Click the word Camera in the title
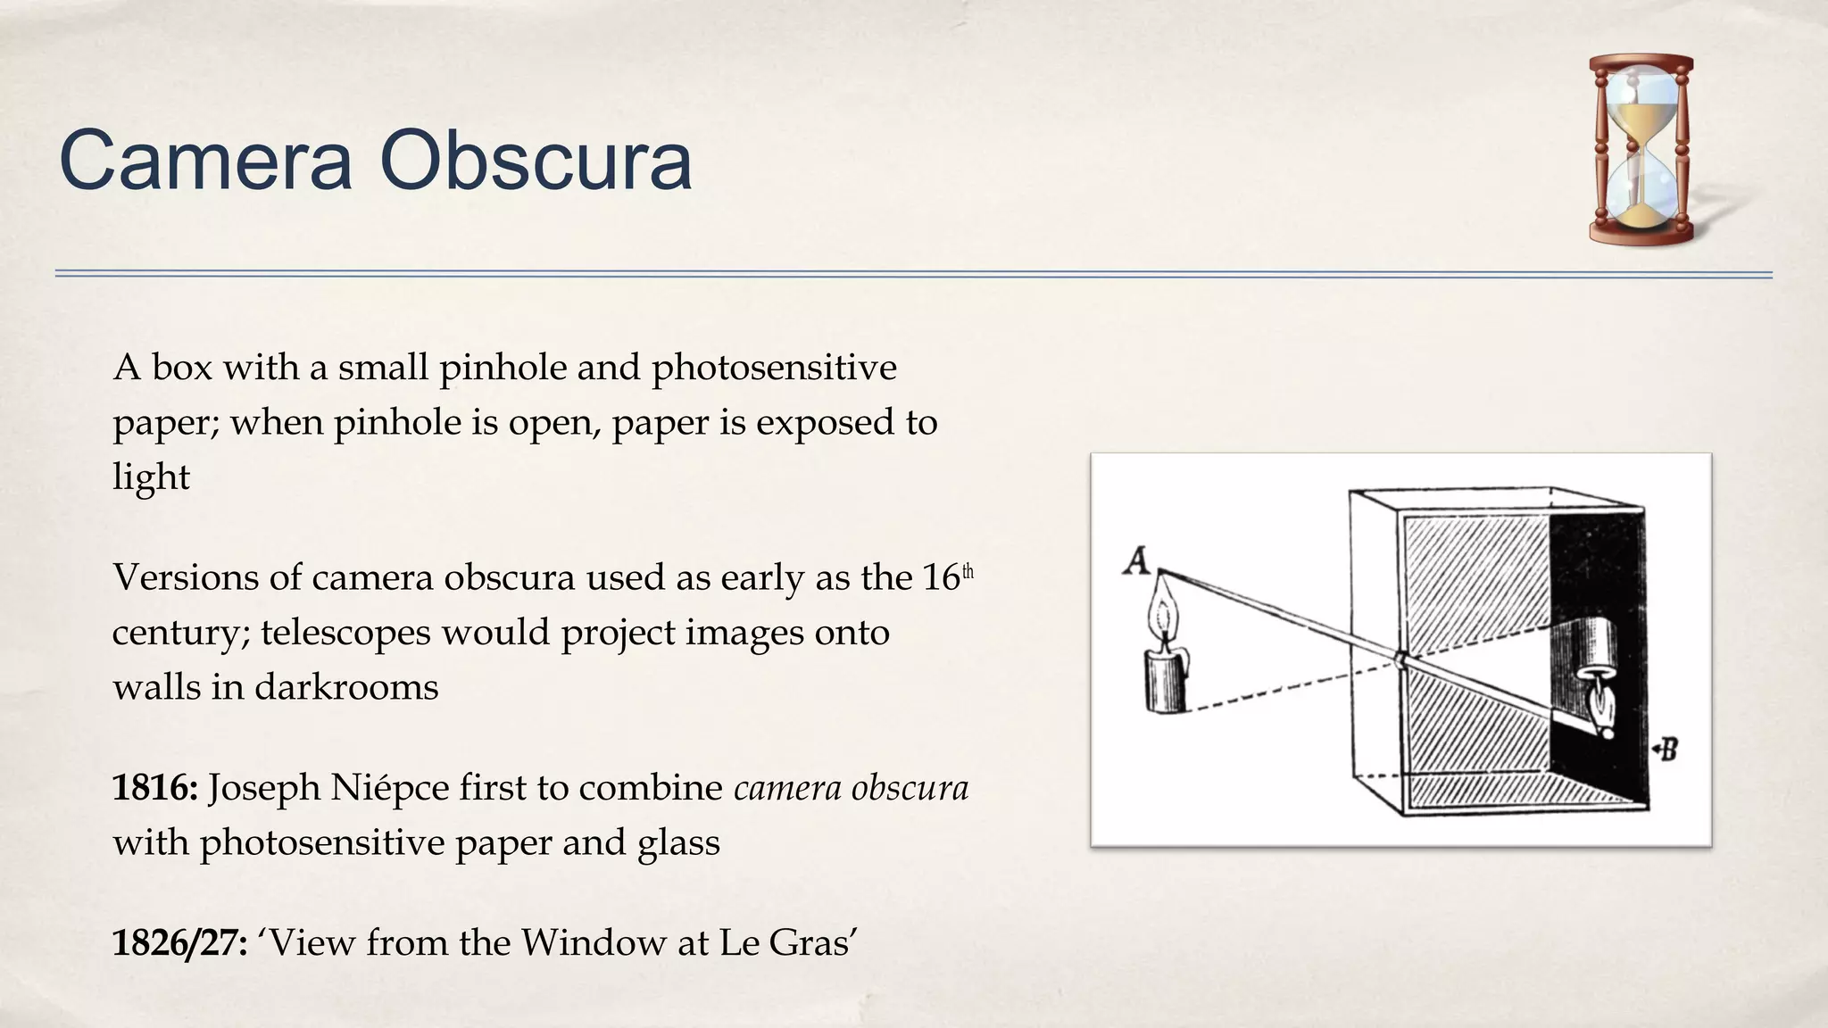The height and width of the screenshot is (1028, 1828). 205,161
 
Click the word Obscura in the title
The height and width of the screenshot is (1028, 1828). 536,161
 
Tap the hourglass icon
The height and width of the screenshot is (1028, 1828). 1641,149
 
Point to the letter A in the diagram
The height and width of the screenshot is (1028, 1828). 1136,561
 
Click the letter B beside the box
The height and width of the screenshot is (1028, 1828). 1667,749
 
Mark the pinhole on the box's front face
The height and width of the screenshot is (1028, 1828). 1400,660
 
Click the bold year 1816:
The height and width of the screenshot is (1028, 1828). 154,788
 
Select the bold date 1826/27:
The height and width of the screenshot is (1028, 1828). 179,943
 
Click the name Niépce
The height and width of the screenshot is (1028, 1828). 389,788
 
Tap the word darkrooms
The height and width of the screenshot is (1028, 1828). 346,687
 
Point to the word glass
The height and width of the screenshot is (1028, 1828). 678,842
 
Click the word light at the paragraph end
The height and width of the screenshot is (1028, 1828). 151,477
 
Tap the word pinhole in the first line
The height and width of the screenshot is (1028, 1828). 503,368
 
